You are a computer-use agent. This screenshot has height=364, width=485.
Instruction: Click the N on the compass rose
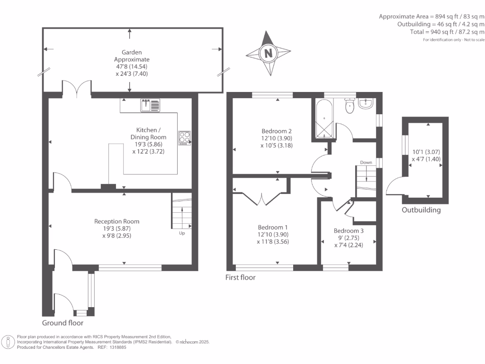[x=268, y=53]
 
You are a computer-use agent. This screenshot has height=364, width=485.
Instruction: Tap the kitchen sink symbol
[x=150, y=105]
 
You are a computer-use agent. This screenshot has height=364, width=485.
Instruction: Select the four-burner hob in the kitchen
[x=184, y=138]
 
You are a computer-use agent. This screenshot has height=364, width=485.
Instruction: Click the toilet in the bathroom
[x=350, y=105]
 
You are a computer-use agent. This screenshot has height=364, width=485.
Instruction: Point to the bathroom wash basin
[x=366, y=103]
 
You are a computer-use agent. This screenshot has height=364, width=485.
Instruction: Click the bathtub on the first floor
[x=324, y=118]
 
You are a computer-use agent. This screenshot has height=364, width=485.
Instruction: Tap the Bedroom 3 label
[x=349, y=231]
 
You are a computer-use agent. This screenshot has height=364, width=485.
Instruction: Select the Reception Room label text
[x=117, y=221]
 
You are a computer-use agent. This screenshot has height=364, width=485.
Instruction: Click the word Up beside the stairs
[x=182, y=233]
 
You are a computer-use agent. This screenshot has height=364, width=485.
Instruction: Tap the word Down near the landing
[x=366, y=162]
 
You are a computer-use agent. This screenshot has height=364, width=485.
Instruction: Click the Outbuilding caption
[x=421, y=210]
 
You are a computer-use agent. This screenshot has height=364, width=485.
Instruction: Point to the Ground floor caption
[x=63, y=323]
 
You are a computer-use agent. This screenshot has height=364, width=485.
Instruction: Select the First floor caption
[x=240, y=277]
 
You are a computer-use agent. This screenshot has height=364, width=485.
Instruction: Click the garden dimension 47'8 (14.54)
[x=132, y=66]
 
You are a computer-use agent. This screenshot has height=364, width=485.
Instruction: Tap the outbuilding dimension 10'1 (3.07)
[x=426, y=152]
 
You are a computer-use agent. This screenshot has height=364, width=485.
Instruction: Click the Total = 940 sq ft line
[x=447, y=32]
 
